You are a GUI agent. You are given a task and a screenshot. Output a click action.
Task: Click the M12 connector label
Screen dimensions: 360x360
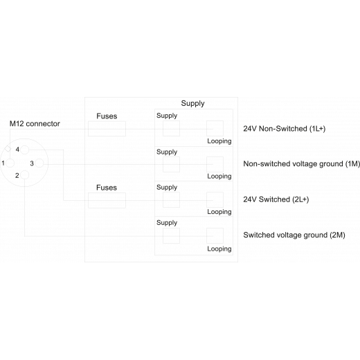point(35,124)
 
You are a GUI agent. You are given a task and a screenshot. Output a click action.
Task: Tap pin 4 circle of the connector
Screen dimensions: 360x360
point(25,150)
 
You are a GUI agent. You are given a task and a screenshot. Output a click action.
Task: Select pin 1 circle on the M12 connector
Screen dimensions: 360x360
point(10,163)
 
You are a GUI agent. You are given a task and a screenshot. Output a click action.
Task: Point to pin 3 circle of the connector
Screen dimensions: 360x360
point(39,163)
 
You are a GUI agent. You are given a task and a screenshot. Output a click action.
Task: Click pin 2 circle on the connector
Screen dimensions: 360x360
point(25,175)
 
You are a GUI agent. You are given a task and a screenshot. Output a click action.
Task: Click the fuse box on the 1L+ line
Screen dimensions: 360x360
point(107,129)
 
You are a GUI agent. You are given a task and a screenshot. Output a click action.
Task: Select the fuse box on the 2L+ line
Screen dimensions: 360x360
point(107,200)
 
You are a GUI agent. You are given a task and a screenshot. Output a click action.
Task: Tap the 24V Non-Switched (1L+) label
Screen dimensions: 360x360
point(285,129)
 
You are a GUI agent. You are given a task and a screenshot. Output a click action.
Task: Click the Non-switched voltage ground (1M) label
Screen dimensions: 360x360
point(302,164)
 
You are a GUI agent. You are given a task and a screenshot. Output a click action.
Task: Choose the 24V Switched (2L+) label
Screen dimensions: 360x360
point(276,199)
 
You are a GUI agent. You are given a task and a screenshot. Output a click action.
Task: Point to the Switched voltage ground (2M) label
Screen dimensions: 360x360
point(294,235)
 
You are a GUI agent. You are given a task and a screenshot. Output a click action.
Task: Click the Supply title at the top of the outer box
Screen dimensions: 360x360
point(192,103)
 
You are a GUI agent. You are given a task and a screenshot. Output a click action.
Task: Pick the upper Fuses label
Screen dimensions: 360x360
point(107,116)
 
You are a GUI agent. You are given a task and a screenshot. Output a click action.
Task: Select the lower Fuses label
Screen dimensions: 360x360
point(107,188)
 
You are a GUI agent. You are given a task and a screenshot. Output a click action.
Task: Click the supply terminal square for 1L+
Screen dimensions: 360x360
point(171,128)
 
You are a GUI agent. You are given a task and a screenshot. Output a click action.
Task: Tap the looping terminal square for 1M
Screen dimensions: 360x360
point(215,164)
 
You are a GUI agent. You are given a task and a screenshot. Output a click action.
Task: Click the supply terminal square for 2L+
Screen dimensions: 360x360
point(171,200)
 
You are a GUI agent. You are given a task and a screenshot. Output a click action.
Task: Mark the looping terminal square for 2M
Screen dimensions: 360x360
point(215,235)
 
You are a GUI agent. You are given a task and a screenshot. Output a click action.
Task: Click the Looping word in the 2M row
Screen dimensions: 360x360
point(219,249)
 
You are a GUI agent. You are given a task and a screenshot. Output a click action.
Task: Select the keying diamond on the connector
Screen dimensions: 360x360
point(8,149)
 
